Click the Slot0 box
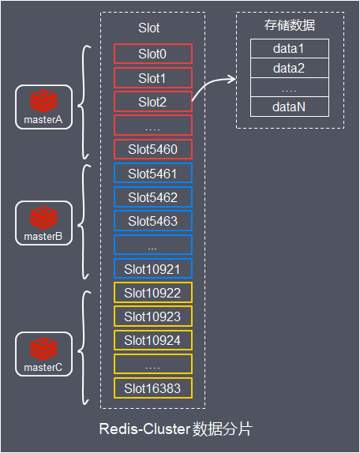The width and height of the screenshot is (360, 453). (153, 54)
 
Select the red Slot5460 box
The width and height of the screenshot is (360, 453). (153, 149)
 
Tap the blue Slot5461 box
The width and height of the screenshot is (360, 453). (153, 173)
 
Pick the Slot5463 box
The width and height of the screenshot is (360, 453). (153, 221)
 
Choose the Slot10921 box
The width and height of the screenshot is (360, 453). (153, 268)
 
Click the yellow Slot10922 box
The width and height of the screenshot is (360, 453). (153, 293)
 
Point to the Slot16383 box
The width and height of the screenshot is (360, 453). (153, 388)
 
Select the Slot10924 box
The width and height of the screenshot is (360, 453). (153, 340)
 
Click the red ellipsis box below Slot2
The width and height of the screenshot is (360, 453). (153, 125)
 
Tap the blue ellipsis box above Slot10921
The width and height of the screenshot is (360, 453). (153, 245)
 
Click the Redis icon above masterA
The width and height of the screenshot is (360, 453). (43, 101)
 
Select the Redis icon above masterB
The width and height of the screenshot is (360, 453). (43, 218)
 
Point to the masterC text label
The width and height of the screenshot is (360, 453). (43, 368)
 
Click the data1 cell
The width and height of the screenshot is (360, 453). (290, 49)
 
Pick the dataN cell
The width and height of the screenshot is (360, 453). (290, 107)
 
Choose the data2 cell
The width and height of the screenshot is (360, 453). (290, 68)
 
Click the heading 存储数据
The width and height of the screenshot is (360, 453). (290, 25)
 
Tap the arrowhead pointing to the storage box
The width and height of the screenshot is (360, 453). (233, 79)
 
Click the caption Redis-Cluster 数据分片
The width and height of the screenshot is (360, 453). (176, 429)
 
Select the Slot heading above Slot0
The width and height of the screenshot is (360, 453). (148, 28)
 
